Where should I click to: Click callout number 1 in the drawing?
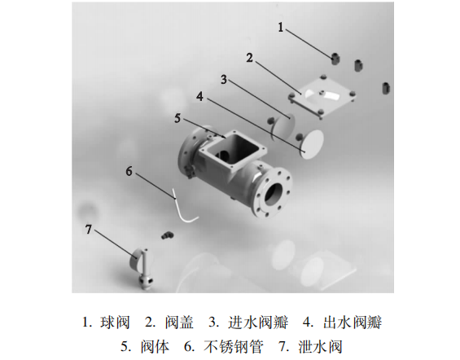[x=282, y=27]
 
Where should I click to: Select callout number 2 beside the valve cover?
[x=250, y=58]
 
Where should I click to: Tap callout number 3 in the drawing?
[x=223, y=79]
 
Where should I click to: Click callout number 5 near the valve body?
[x=177, y=118]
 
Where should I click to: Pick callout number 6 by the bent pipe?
[x=129, y=171]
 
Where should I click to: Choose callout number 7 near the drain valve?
[x=89, y=229]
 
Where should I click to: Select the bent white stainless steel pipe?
[x=186, y=209]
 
